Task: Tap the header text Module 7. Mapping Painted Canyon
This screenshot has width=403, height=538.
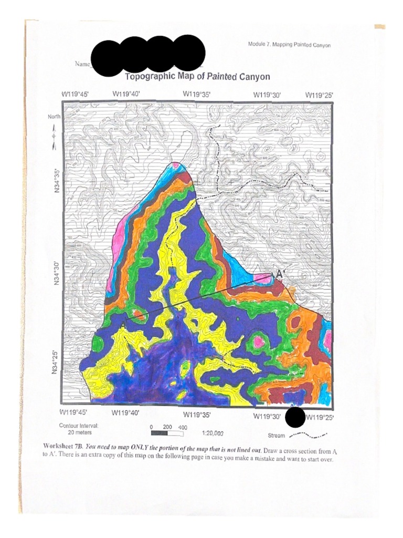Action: coord(289,45)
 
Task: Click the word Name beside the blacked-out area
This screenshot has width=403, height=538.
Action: coord(82,64)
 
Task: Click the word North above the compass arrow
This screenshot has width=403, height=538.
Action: coord(55,116)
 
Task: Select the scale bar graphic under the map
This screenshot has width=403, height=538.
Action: coord(166,434)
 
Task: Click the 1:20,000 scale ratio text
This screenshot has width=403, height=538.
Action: coord(213,434)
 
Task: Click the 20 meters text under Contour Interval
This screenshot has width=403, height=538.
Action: coord(80,432)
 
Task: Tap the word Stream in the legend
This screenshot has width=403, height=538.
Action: coord(276,436)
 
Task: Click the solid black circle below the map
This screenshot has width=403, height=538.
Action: coord(295,417)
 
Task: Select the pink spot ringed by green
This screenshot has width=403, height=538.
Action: coord(258,342)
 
